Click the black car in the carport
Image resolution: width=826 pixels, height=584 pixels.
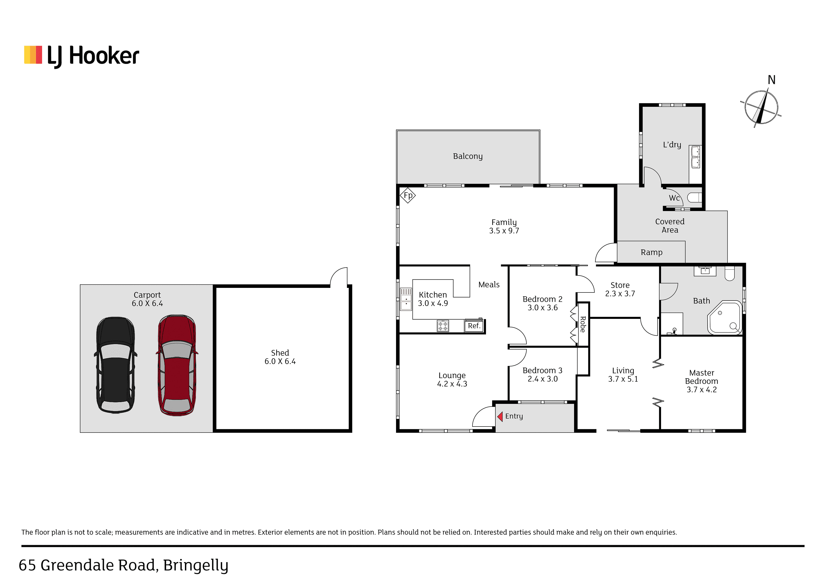(115, 365)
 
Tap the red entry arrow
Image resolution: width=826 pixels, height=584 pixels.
(500, 416)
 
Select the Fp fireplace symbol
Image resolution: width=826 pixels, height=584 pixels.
(408, 195)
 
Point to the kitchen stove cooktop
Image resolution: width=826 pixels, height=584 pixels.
(443, 326)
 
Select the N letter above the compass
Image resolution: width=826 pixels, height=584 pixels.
(771, 80)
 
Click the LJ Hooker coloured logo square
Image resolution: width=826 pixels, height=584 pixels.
(33, 55)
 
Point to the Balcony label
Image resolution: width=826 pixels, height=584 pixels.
(468, 156)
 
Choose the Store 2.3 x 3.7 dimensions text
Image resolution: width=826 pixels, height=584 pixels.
(620, 294)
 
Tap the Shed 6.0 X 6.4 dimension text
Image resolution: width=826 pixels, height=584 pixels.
(280, 361)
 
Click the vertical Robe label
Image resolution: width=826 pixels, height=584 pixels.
(583, 324)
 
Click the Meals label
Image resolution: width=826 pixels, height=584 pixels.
(489, 285)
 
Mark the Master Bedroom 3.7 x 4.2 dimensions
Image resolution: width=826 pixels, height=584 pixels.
(701, 390)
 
